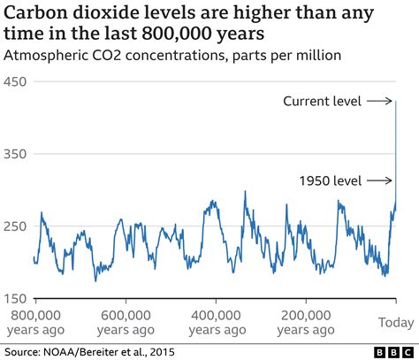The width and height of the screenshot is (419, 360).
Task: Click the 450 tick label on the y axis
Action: coord(16,81)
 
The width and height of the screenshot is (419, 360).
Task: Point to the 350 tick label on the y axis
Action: coord(16,154)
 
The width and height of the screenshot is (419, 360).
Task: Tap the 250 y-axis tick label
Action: coord(16,226)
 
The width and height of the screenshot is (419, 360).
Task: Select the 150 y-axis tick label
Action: coord(16,298)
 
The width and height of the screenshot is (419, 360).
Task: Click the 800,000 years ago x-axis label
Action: coord(34,321)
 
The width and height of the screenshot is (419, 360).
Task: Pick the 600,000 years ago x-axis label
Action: coord(125,321)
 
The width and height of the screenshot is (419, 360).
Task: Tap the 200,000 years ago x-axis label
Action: coord(305,321)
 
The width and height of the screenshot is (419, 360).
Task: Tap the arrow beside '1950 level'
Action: coord(380,180)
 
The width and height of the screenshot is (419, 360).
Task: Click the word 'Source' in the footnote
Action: coord(25,351)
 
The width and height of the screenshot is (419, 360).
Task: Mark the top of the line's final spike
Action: coord(396,102)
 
